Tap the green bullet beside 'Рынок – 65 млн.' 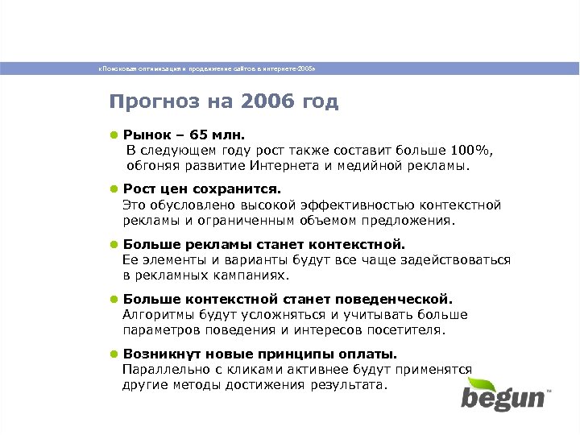115,134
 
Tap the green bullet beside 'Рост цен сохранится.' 115,188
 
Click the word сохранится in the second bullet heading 243,188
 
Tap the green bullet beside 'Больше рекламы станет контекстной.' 115,244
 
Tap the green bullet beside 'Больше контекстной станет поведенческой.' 115,299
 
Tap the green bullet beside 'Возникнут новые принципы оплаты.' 115,354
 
